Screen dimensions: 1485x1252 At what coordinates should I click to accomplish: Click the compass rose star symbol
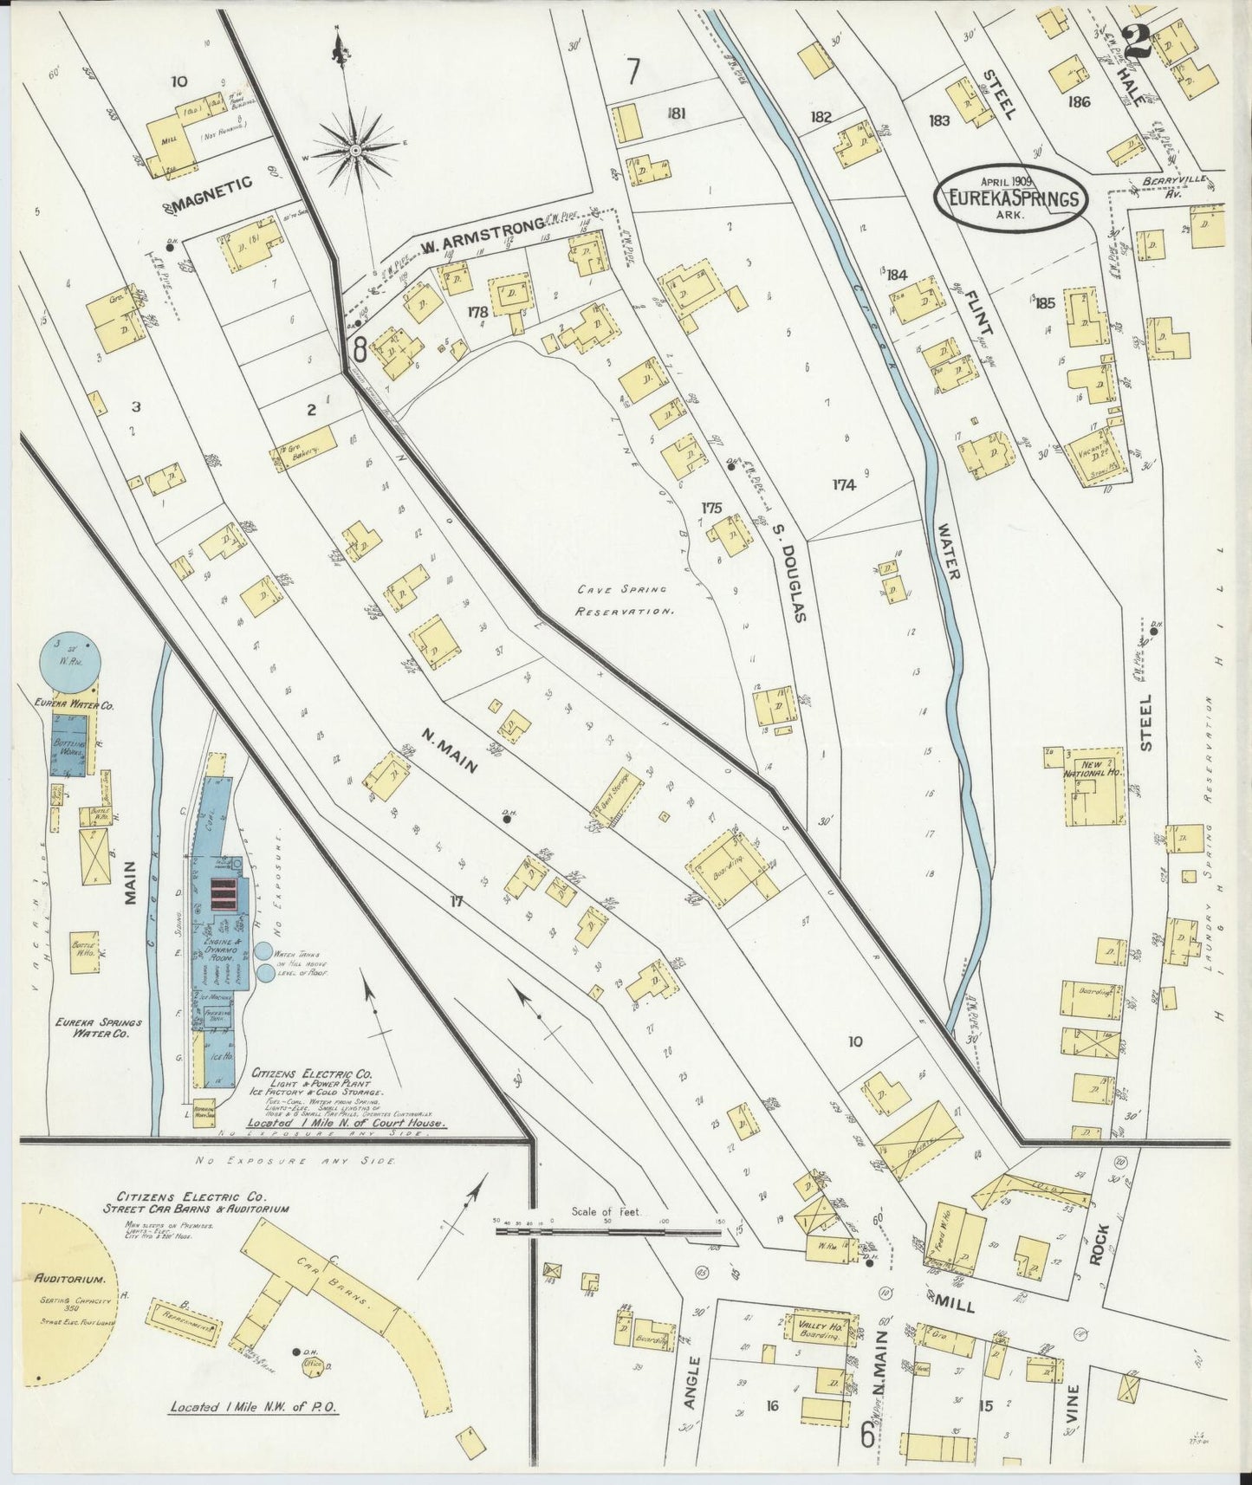point(354,150)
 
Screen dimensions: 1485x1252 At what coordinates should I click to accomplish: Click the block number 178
point(477,311)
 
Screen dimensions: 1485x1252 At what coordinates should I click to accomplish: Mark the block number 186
point(1079,101)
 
